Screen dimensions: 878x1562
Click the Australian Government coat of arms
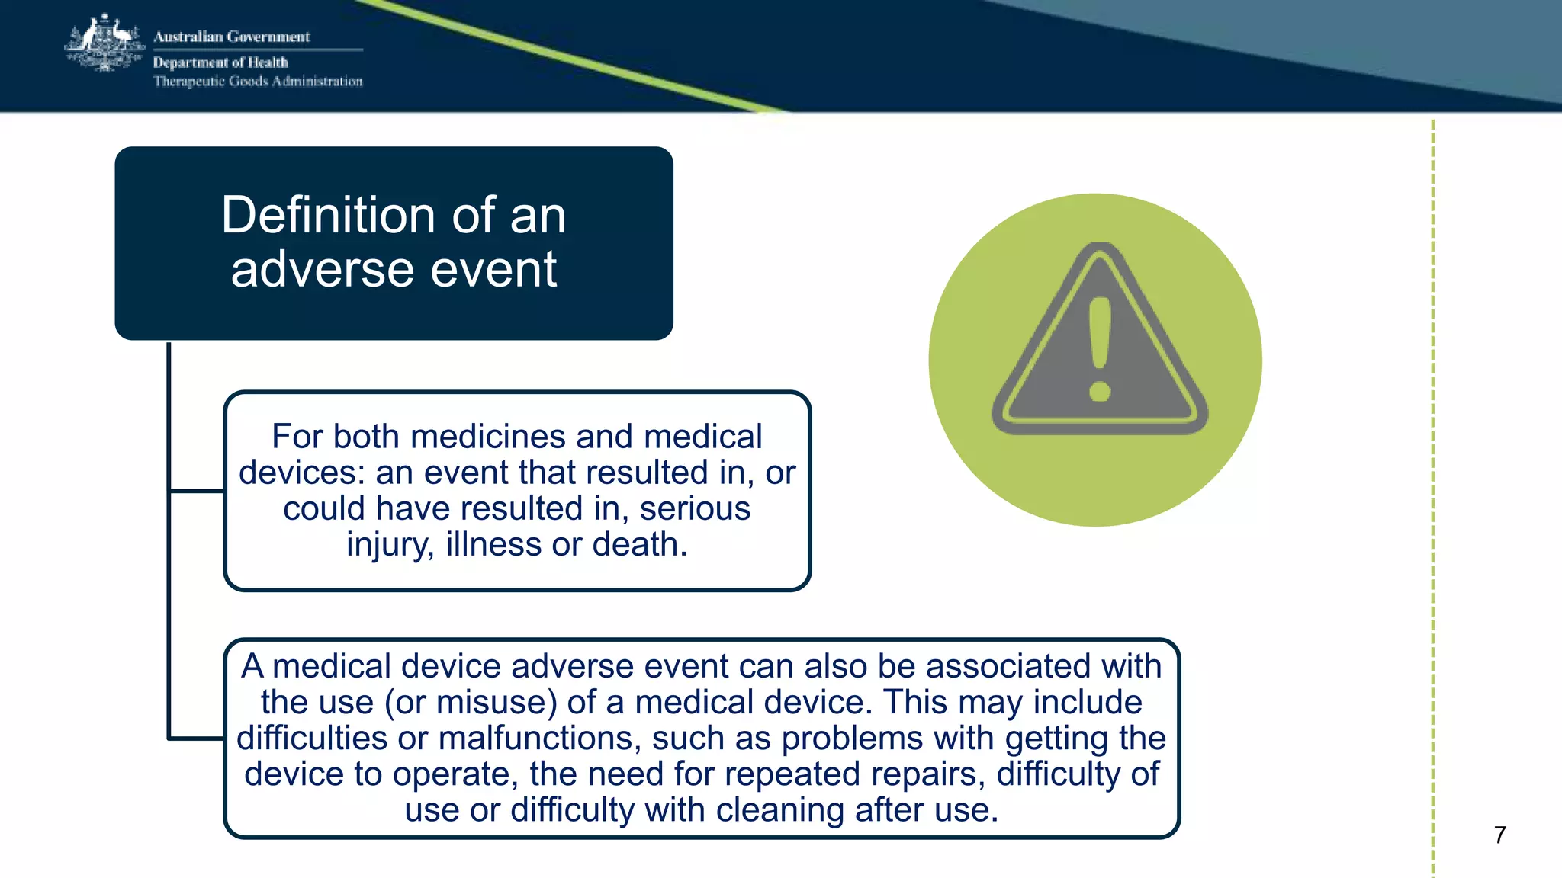[104, 44]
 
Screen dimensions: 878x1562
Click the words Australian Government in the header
[231, 37]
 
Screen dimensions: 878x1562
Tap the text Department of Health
[220, 62]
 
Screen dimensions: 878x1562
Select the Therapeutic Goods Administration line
[258, 82]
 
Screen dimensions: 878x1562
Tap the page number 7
[1499, 835]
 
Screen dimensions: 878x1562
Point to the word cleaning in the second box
[780, 810]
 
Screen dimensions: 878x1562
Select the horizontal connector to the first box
[196, 491]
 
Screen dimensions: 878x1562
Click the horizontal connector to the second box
[196, 738]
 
